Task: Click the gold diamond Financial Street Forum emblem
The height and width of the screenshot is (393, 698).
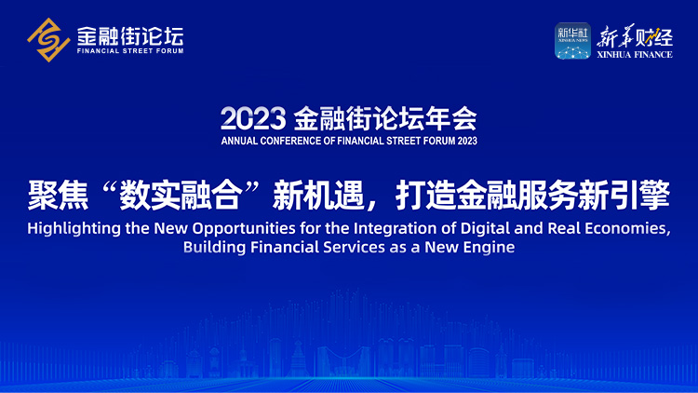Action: click(48, 40)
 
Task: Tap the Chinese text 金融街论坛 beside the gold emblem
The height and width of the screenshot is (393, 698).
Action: click(130, 36)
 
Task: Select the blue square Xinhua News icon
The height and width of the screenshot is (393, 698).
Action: click(572, 41)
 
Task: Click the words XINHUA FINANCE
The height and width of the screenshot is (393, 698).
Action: click(635, 55)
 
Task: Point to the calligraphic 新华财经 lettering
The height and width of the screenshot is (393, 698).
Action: click(635, 36)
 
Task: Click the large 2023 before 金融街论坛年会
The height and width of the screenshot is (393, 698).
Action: click(253, 118)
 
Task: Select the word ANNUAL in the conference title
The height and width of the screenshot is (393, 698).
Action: click(239, 142)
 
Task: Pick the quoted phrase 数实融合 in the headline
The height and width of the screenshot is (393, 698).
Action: click(181, 196)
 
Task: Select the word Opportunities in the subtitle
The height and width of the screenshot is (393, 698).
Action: click(244, 229)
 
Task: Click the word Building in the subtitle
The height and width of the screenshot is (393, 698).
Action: click(214, 248)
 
